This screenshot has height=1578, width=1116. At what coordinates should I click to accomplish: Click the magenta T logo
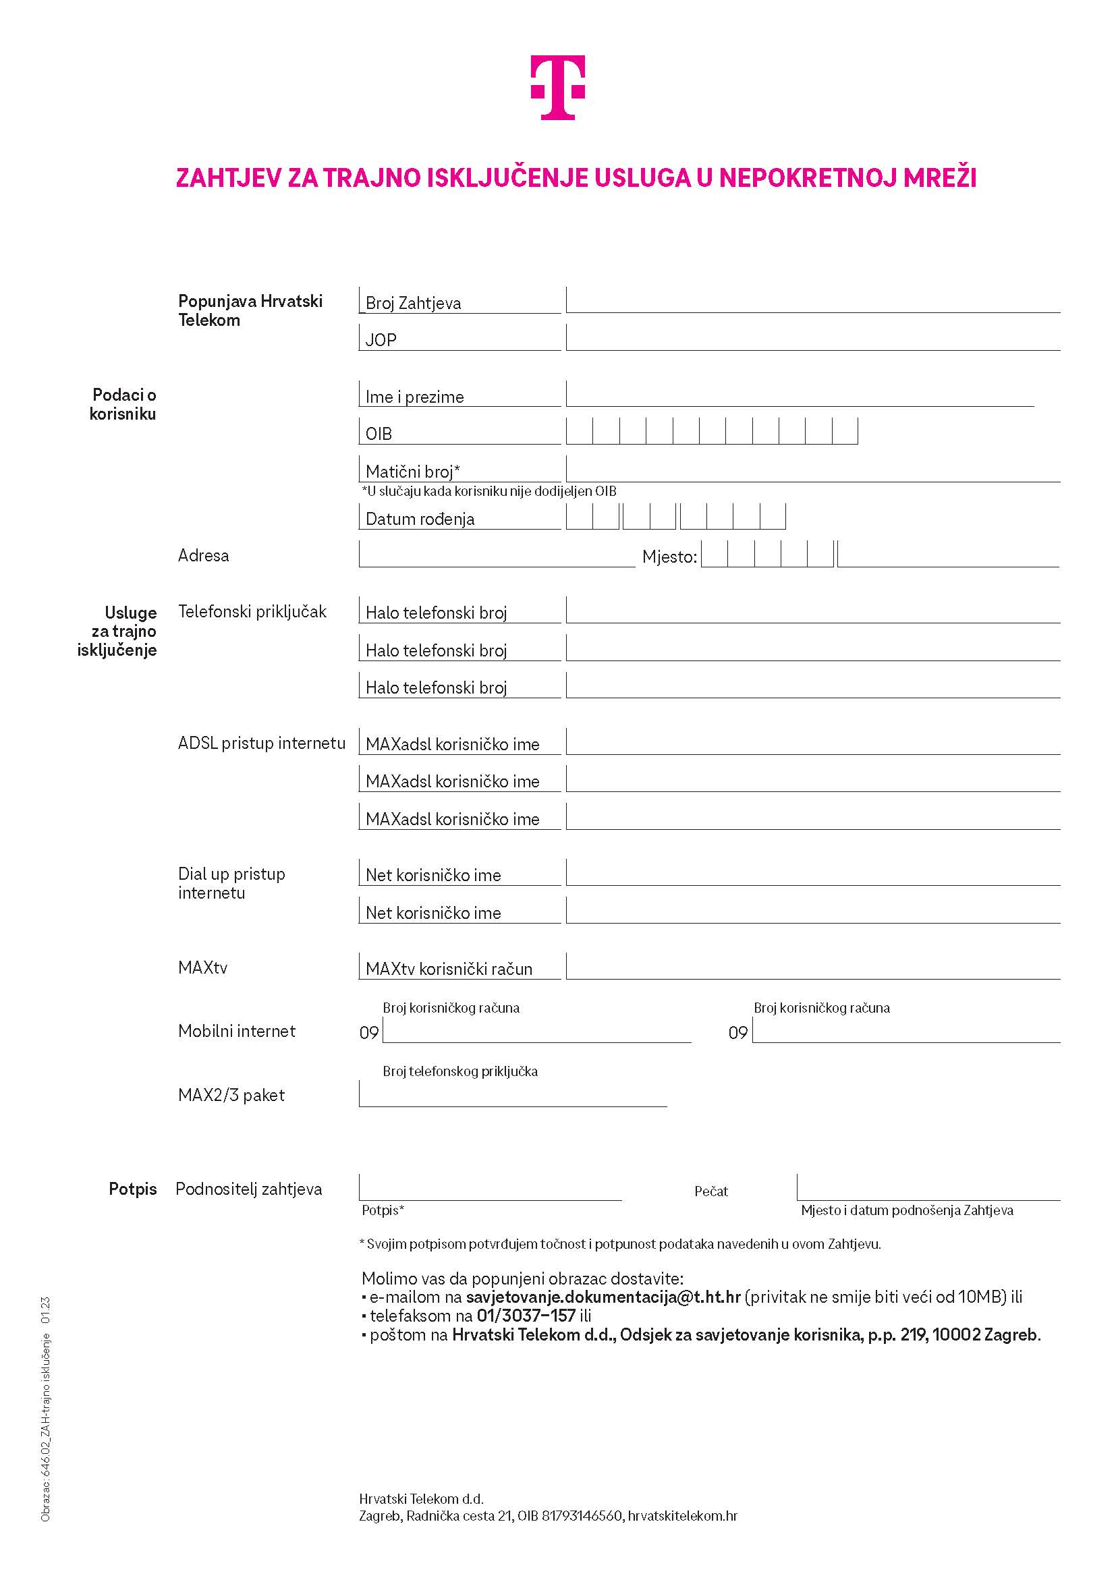(x=557, y=87)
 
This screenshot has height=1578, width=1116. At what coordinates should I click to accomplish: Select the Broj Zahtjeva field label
(x=413, y=303)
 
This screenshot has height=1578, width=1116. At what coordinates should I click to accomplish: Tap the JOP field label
(x=381, y=340)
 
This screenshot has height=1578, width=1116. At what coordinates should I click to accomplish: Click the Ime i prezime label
(x=414, y=397)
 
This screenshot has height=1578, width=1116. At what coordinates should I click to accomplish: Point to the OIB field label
(x=379, y=434)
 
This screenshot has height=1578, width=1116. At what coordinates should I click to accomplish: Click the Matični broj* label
(x=412, y=472)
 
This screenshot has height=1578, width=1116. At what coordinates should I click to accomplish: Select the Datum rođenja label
(x=420, y=519)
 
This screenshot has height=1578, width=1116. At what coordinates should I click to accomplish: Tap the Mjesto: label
(x=669, y=557)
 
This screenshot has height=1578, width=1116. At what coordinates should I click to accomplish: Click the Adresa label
(x=203, y=555)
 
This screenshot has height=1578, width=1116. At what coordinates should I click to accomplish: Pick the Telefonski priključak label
(x=252, y=612)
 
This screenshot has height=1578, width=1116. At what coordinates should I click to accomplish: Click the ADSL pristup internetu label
(x=261, y=743)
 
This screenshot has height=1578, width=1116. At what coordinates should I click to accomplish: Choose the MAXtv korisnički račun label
(x=449, y=969)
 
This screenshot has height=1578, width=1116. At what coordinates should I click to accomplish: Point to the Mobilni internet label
(x=236, y=1031)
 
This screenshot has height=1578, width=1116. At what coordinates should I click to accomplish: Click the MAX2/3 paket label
(x=231, y=1095)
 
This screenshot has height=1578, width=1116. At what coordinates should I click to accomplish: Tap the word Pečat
(x=710, y=1191)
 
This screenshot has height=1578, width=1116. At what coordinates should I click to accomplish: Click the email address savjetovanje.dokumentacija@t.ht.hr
(x=603, y=1297)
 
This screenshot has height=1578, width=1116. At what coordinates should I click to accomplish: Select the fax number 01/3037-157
(x=526, y=1316)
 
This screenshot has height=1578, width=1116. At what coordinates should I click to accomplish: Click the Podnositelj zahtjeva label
(x=249, y=1189)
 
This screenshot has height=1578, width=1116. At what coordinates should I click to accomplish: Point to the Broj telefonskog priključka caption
(x=459, y=1071)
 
